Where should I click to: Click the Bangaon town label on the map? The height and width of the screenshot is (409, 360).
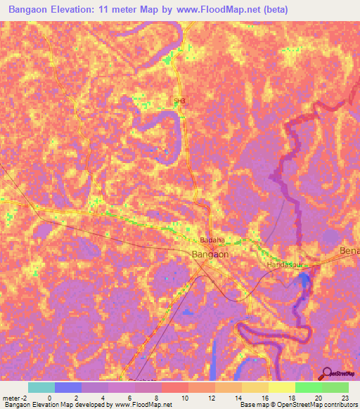[x=210, y=254]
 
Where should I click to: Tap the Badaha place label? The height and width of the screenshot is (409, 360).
[x=212, y=239]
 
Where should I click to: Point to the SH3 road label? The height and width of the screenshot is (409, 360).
[x=180, y=101]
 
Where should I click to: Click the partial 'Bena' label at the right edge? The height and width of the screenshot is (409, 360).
[x=349, y=251]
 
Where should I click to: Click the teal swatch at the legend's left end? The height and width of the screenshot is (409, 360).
[x=41, y=387]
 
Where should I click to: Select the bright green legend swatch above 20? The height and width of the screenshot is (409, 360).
[x=308, y=387]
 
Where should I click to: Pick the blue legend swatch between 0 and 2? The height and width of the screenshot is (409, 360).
[x=67, y=387]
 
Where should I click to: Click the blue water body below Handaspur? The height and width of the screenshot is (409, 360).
[x=304, y=283]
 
